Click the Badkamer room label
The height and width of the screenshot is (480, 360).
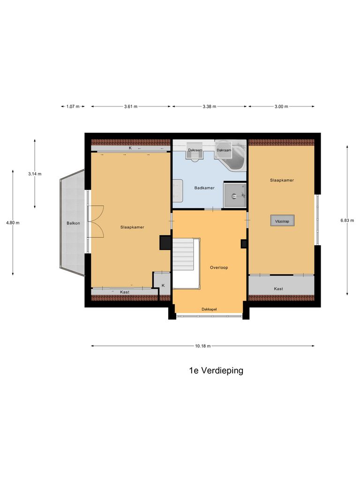[x=204, y=188]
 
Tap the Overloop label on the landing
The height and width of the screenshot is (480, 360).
[x=218, y=268]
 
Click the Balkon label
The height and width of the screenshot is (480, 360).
[x=73, y=223]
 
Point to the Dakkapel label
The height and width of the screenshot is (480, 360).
[x=209, y=309]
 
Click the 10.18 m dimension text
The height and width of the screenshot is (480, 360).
[x=203, y=346]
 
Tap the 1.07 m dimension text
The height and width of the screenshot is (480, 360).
[x=73, y=107]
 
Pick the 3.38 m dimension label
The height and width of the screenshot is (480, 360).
[x=209, y=107]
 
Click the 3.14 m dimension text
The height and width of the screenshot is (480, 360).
[x=35, y=174]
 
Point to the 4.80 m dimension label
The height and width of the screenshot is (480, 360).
[x=13, y=223]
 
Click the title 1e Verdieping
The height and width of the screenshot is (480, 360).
[x=216, y=371]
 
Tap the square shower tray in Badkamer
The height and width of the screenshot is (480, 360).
[x=234, y=195]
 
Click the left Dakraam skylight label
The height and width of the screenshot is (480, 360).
[x=195, y=150]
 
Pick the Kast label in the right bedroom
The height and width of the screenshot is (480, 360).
[x=278, y=289]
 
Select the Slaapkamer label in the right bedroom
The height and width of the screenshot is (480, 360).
[x=282, y=180]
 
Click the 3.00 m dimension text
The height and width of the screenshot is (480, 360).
[x=281, y=107]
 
